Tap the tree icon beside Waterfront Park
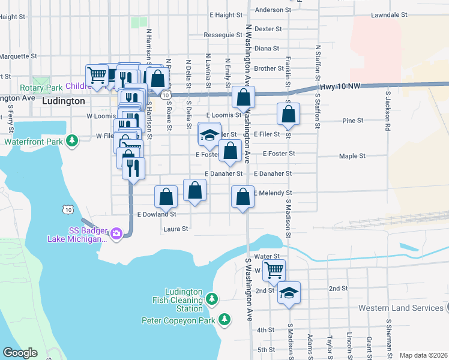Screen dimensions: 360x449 pyautogui.click(x=72, y=141)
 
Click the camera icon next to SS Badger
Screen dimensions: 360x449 pyautogui.click(x=116, y=233)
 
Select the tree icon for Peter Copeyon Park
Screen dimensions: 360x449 pyautogui.click(x=224, y=320)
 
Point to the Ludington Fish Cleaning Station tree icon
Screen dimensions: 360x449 pyautogui.click(x=211, y=298)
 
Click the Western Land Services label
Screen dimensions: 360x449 pyautogui.click(x=400, y=308)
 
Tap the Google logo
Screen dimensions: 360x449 pyautogui.click(x=20, y=353)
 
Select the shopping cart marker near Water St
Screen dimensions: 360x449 pyautogui.click(x=274, y=270)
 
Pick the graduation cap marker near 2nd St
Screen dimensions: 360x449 pyautogui.click(x=289, y=293)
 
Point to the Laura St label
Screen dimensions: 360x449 pyautogui.click(x=176, y=229)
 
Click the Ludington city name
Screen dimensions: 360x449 pyautogui.click(x=63, y=101)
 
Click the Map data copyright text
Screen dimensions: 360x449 pyautogui.click(x=423, y=355)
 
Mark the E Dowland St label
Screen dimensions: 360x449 pyautogui.click(x=157, y=214)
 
